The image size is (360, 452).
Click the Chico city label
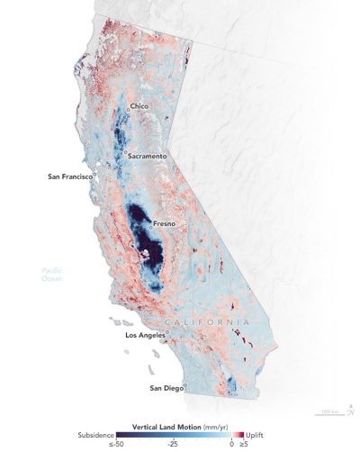(139, 106)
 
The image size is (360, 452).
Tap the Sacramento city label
(147, 156)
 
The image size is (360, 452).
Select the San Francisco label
(69, 176)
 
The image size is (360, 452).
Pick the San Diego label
(165, 388)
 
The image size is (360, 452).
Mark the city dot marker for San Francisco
(94, 176)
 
